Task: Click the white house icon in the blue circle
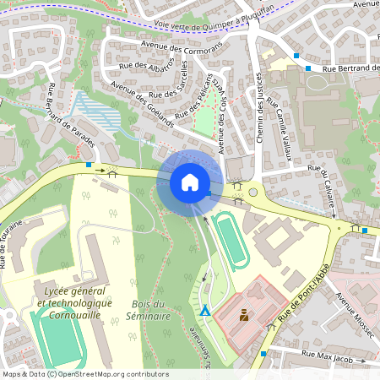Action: tap(189, 182)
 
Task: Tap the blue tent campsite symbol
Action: tap(204, 310)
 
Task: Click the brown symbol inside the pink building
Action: tap(243, 316)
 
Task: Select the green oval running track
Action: tap(230, 240)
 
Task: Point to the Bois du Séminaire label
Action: tap(139, 310)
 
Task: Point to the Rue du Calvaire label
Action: tap(323, 182)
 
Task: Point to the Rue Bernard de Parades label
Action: tap(71, 117)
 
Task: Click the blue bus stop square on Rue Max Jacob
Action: tap(263, 353)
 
